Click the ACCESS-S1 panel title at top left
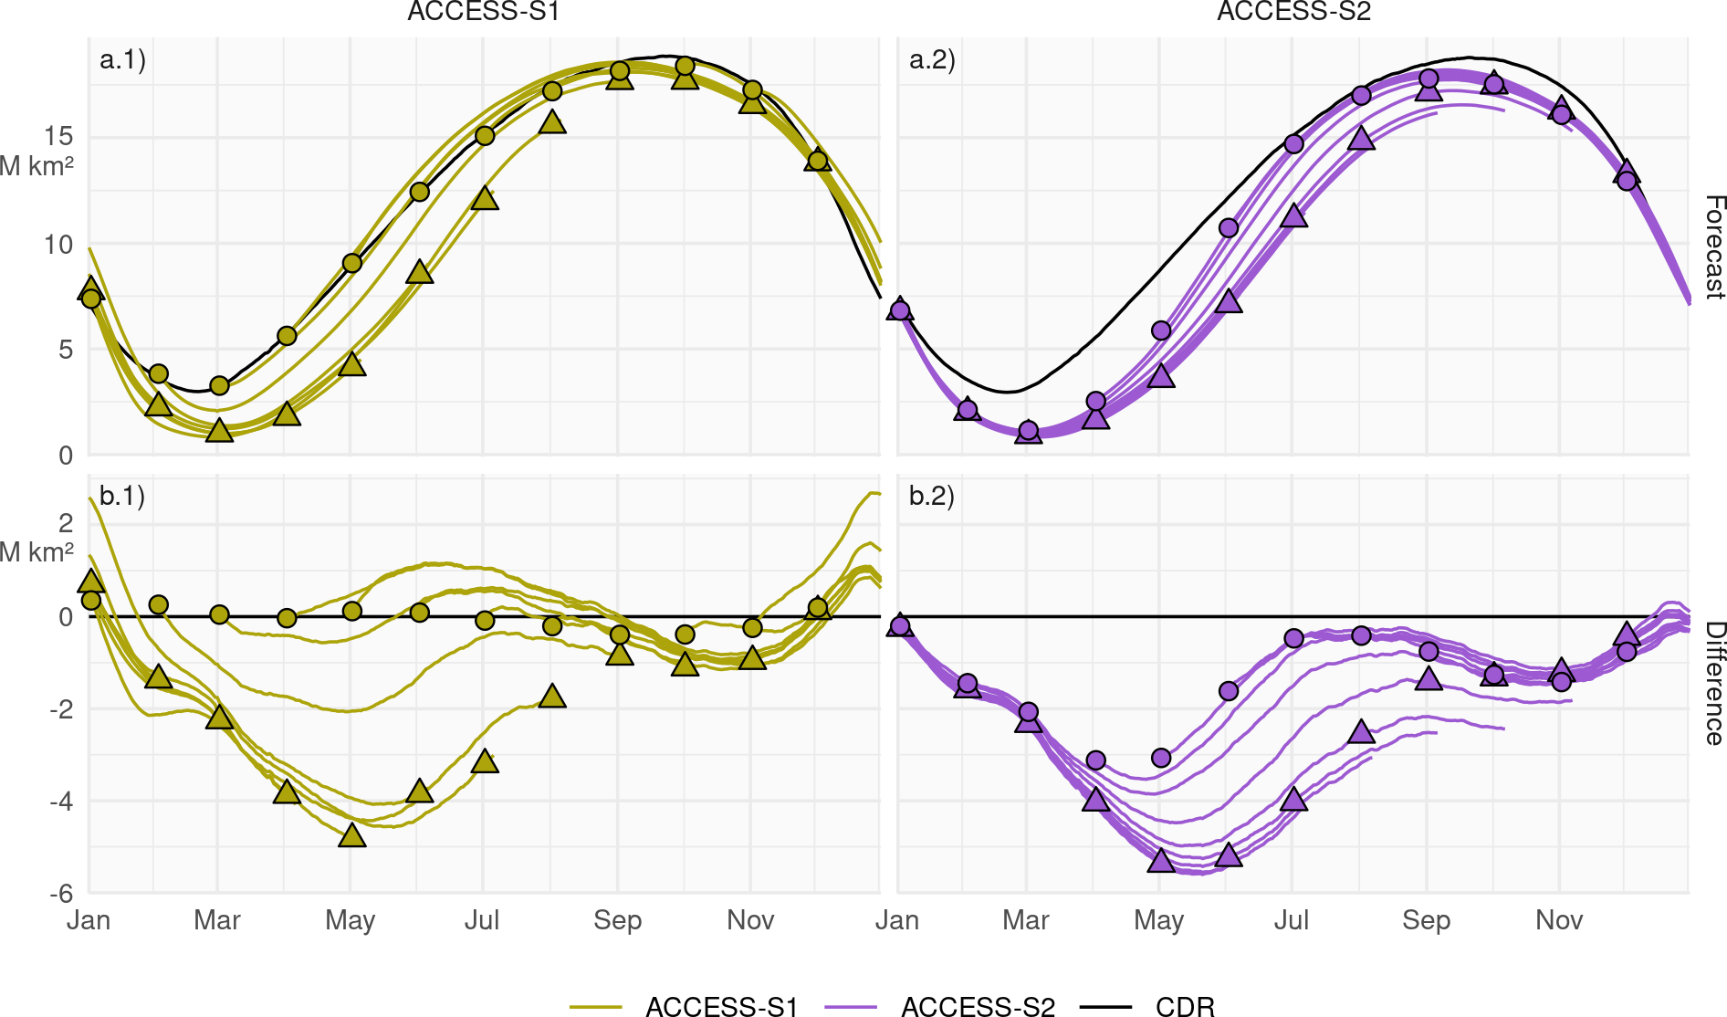pos(483,12)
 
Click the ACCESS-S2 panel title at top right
pos(1293,12)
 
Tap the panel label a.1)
pos(122,60)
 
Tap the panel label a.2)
pos(932,60)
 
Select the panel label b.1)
pos(122,496)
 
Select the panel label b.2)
pos(932,496)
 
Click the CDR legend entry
pos(1185,1006)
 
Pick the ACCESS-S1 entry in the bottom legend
pos(721,1006)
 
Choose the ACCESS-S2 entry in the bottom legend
pos(978,1006)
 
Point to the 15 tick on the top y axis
pos(58,137)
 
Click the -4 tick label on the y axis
pos(62,802)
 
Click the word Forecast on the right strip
pos(1714,246)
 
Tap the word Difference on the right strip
pos(1714,683)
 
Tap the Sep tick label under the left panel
pos(617,920)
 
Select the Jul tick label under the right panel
pos(1292,920)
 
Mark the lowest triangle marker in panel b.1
pos(352,835)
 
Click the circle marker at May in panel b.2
pos(1161,758)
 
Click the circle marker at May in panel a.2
pos(1161,330)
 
